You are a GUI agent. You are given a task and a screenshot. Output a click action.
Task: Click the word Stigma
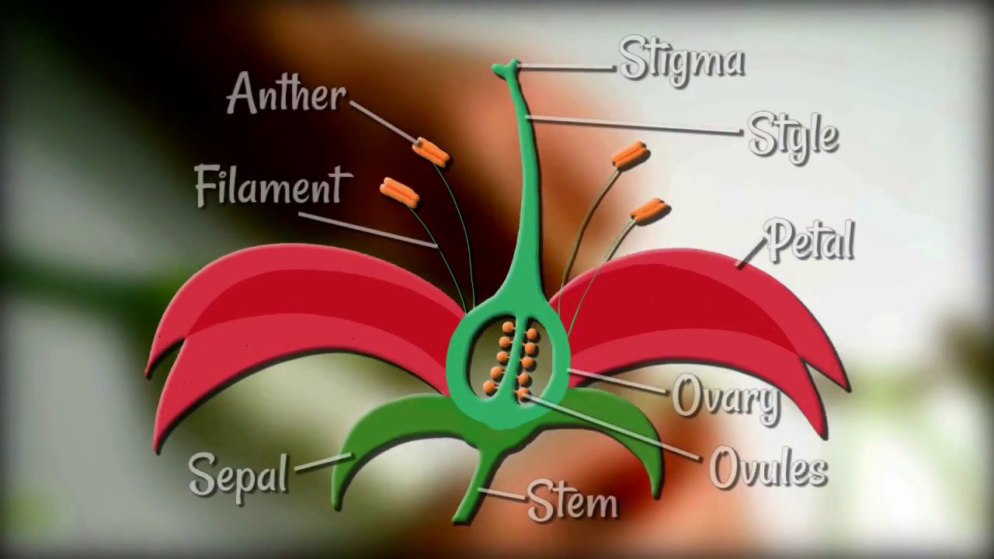point(682,61)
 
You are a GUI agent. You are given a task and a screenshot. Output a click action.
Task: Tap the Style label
point(793,136)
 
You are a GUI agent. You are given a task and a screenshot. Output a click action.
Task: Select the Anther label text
point(287,93)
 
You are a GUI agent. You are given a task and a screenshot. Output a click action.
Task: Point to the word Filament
point(273,186)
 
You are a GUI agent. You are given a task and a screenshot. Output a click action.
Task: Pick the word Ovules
point(769,467)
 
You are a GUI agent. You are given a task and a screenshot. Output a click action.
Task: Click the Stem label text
point(572,502)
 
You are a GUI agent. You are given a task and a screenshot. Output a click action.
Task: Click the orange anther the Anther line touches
point(430,151)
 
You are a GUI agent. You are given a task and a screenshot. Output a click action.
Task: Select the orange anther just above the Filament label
point(399,193)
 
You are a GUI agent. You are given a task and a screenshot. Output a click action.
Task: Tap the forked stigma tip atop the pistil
point(507,69)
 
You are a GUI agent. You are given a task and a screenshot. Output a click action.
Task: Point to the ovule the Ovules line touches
point(523,392)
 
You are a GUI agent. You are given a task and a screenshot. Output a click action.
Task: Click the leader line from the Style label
point(633,125)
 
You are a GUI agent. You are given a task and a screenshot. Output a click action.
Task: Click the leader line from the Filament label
point(367,229)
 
